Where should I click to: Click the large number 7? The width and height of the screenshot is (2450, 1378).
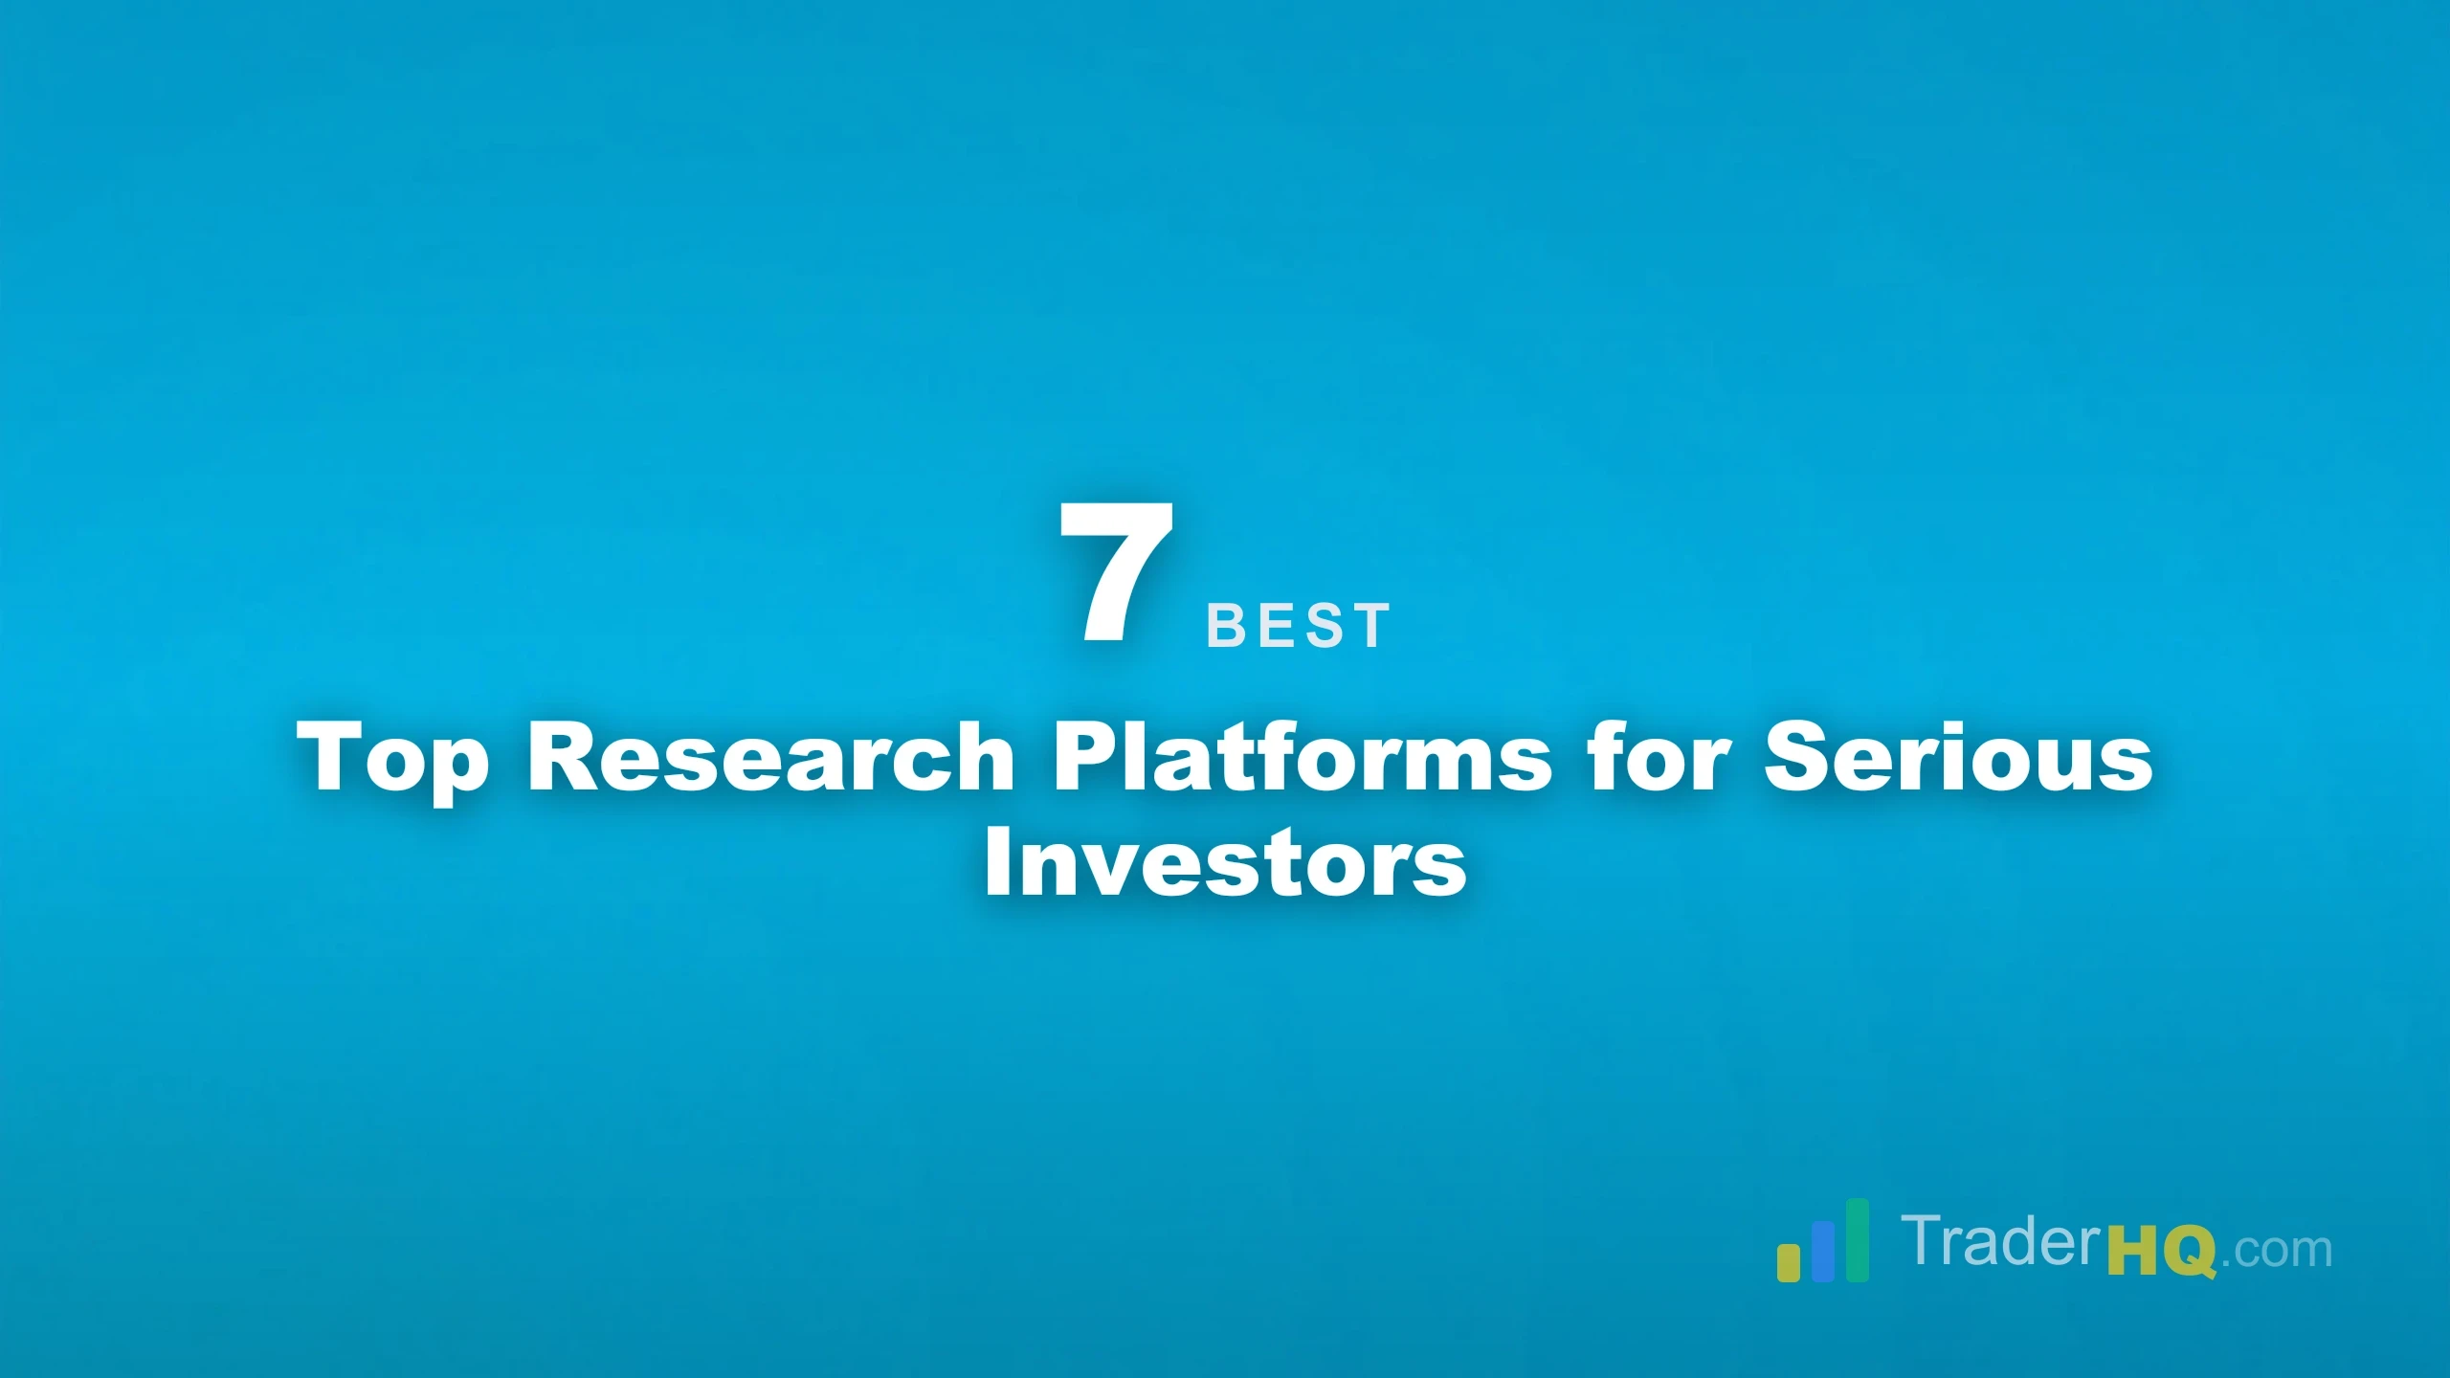click(x=1116, y=571)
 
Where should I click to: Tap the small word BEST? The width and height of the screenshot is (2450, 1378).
click(x=1298, y=626)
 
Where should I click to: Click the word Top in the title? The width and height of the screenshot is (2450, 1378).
click(x=392, y=759)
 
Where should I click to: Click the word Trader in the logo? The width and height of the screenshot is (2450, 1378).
click(x=2002, y=1241)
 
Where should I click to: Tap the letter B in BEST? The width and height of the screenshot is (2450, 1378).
click(x=1224, y=626)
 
